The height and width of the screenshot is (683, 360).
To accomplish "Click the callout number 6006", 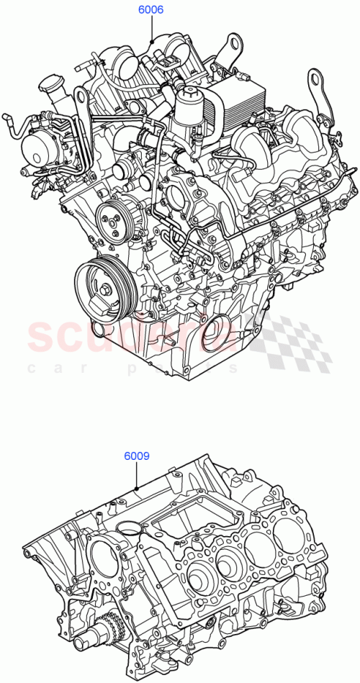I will pyautogui.click(x=151, y=10).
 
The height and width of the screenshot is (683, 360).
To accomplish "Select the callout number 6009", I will pyautogui.click(x=136, y=456).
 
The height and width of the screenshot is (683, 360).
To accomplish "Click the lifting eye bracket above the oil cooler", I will pyautogui.click(x=228, y=45).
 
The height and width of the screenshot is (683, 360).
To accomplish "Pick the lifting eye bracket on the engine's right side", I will pyautogui.click(x=315, y=86).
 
